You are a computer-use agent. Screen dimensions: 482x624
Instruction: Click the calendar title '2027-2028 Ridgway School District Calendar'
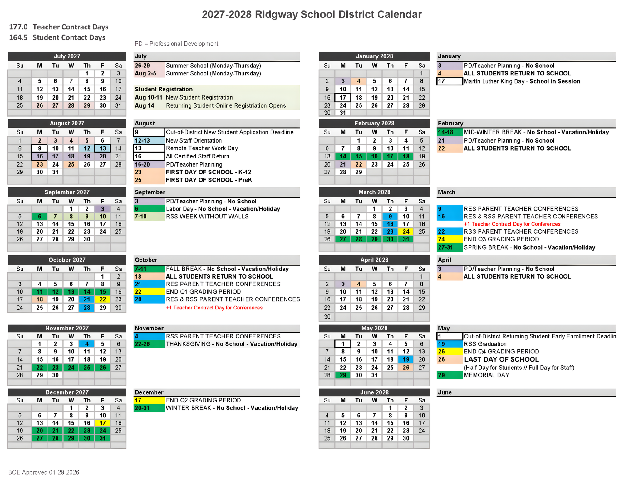tap(312, 14)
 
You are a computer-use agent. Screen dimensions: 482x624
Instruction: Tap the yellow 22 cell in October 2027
tap(102, 299)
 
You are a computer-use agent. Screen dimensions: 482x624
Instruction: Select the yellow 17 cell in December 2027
tap(102, 423)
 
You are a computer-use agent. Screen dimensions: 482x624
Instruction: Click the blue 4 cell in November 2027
tap(87, 344)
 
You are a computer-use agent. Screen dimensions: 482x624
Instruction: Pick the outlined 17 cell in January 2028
tap(343, 98)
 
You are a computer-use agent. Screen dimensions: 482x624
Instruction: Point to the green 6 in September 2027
tap(39, 217)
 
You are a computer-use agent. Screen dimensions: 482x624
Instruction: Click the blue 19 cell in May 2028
tap(406, 359)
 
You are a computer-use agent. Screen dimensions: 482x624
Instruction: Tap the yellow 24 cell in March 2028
tap(406, 232)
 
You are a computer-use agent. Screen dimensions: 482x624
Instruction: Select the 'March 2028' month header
tap(374, 192)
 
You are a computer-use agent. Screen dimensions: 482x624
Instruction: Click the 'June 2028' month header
tap(374, 392)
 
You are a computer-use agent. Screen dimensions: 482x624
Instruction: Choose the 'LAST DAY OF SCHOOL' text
tap(501, 359)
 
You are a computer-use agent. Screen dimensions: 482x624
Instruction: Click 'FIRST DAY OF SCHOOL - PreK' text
tap(209, 180)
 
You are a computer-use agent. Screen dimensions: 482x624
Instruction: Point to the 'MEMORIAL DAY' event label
tap(486, 375)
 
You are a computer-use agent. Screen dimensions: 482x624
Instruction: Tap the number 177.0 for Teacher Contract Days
tap(18, 27)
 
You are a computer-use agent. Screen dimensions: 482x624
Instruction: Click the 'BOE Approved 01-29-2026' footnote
tap(44, 472)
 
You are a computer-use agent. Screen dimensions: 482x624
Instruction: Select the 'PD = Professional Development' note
tap(176, 44)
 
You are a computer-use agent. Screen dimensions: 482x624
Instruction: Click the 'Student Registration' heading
tap(164, 89)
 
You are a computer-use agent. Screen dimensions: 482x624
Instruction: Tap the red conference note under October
tap(214, 308)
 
